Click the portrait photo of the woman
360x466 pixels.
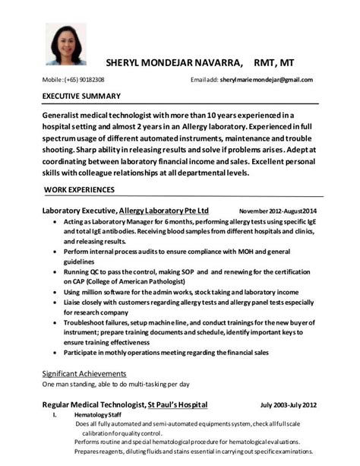pyautogui.click(x=65, y=44)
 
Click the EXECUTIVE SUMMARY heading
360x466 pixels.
pyautogui.click(x=81, y=97)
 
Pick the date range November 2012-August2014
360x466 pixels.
pyautogui.click(x=277, y=211)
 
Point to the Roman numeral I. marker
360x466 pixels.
pyautogui.click(x=54, y=416)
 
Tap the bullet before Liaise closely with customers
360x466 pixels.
pyautogui.click(x=54, y=303)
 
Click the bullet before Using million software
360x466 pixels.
pyautogui.click(x=54, y=292)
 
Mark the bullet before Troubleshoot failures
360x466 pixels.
pyautogui.click(x=54, y=323)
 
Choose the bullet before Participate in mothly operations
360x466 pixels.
pyautogui.click(x=54, y=353)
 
